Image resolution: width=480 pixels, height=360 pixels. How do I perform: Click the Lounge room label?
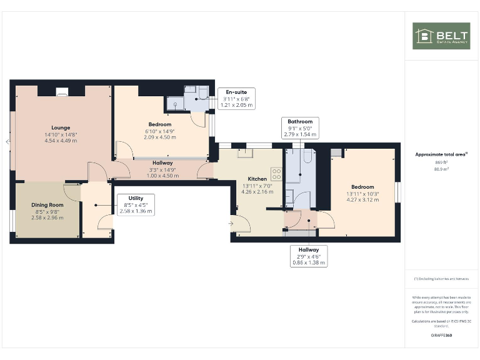(x=61, y=128)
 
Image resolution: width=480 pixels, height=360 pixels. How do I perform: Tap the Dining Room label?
(x=47, y=204)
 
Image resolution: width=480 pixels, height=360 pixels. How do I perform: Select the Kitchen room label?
(x=257, y=177)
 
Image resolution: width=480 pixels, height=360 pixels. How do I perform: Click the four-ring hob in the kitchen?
(x=276, y=174)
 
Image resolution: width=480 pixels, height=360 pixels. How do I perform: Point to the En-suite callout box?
(x=237, y=99)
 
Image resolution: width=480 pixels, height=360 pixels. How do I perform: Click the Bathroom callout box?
(x=300, y=127)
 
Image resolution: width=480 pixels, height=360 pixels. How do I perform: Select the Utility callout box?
(x=135, y=204)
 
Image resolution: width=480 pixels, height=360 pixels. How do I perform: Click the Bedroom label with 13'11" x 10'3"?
(x=362, y=187)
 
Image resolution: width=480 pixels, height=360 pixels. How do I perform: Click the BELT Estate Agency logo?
(x=441, y=36)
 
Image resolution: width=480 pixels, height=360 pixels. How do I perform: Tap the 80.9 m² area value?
(x=441, y=169)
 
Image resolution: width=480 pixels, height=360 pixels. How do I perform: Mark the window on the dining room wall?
(x=12, y=222)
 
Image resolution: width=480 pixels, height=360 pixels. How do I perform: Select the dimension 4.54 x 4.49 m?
(x=61, y=141)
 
